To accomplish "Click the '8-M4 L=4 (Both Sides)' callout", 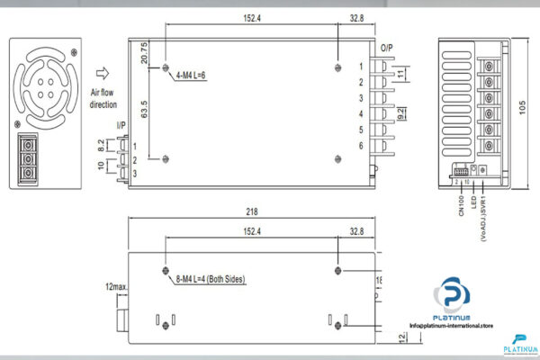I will tap(211, 279).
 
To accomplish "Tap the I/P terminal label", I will tap(121, 125).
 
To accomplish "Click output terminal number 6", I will tap(361, 146).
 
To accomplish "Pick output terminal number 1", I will tap(361, 66).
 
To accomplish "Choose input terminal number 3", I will tap(134, 173).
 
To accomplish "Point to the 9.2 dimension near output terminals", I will tap(402, 114).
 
